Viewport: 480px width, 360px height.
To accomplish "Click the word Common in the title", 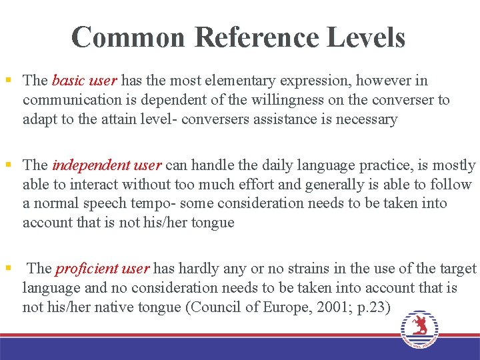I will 128,37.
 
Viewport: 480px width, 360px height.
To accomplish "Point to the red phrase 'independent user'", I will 107,165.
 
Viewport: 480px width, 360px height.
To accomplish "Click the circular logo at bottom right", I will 419,328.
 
